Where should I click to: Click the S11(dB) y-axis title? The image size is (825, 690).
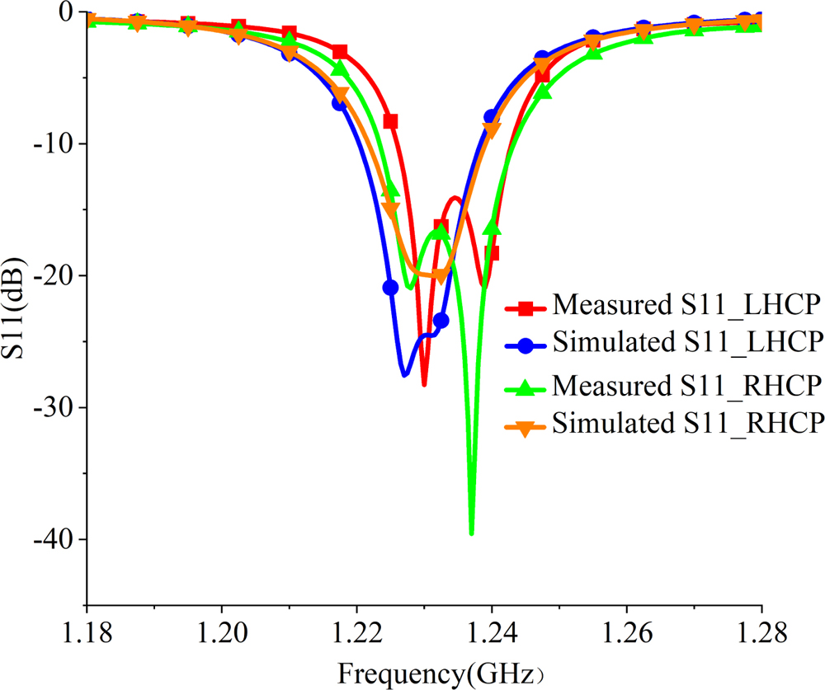(17, 309)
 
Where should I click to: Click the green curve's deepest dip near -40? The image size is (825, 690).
(471, 533)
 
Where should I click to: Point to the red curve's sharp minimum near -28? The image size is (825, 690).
(424, 384)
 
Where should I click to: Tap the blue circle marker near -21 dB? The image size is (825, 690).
(390, 287)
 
